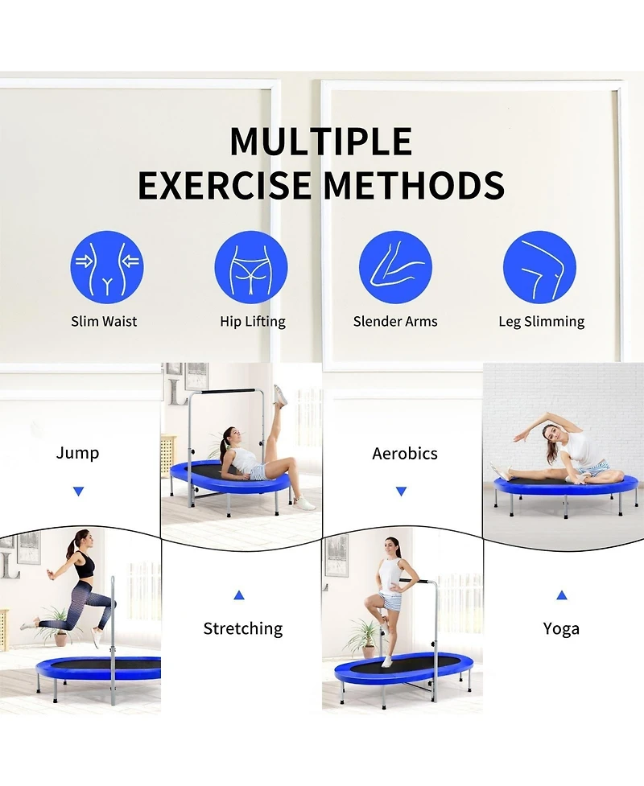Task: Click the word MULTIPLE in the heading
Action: [x=321, y=142]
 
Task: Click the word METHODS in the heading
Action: [x=414, y=185]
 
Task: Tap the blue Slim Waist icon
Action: [x=106, y=267]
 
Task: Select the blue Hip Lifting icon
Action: [x=251, y=267]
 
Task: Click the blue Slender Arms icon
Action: [x=395, y=267]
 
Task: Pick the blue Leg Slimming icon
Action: [x=539, y=267]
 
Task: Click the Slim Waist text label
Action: [x=104, y=321]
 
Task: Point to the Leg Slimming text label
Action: [x=541, y=321]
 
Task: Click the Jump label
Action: [x=78, y=453]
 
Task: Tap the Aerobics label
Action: [x=404, y=454]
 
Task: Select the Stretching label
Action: [x=242, y=628]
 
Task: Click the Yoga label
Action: [x=561, y=628]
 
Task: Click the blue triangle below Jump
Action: [x=78, y=491]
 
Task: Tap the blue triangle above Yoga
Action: [x=561, y=595]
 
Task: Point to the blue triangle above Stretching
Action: [x=239, y=595]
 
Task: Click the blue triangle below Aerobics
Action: [x=401, y=491]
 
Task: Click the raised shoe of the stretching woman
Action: [x=280, y=394]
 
